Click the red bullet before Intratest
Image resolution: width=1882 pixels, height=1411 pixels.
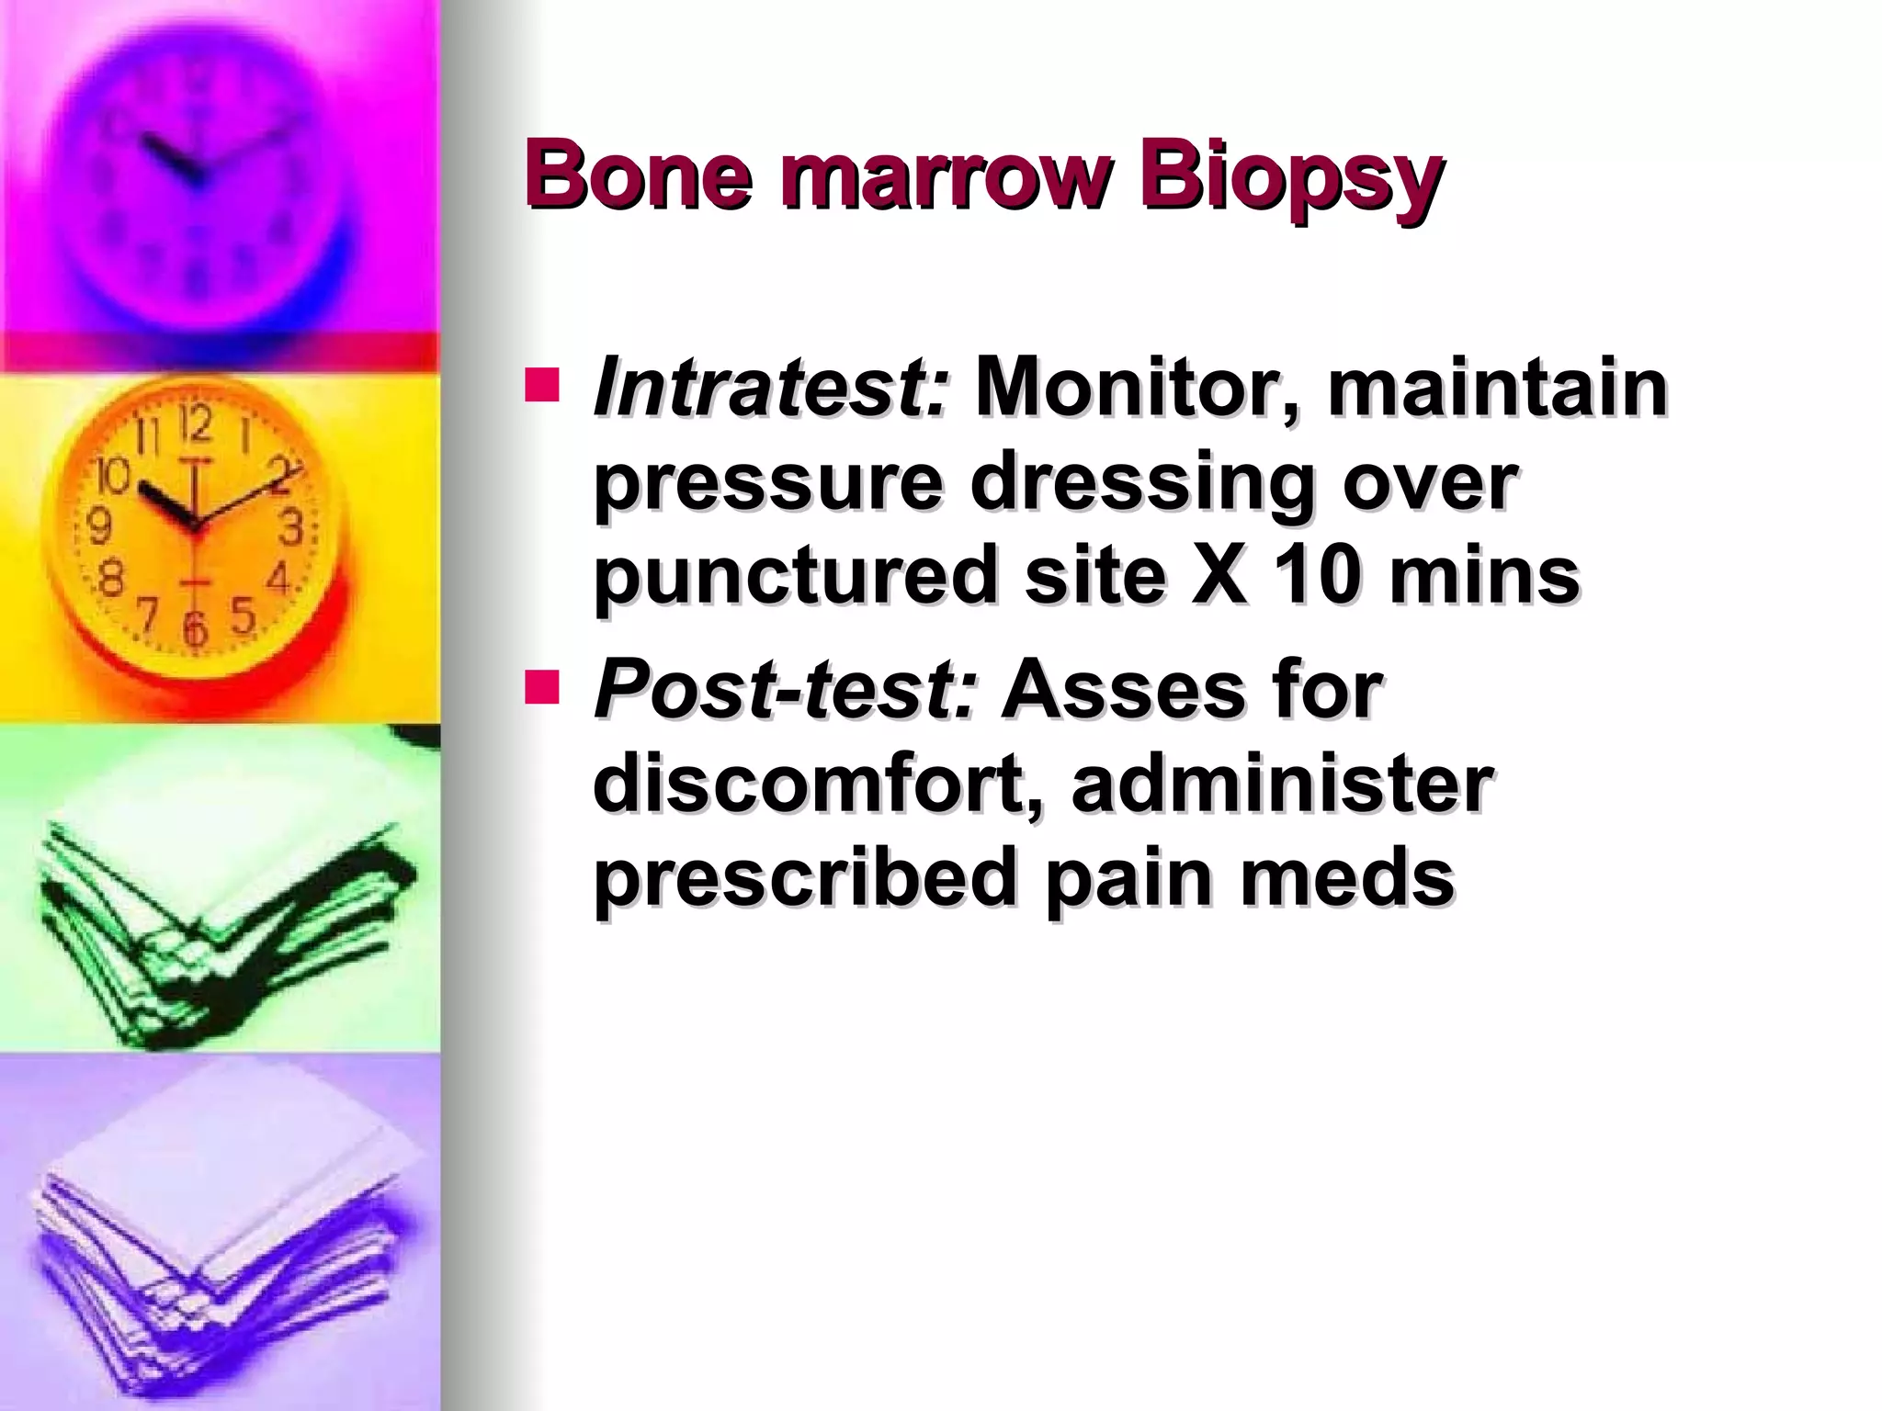[542, 386]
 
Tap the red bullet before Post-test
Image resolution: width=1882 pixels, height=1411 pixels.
[542, 687]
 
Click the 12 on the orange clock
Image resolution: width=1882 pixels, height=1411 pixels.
[195, 423]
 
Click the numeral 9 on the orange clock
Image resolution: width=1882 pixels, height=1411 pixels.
[98, 527]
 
